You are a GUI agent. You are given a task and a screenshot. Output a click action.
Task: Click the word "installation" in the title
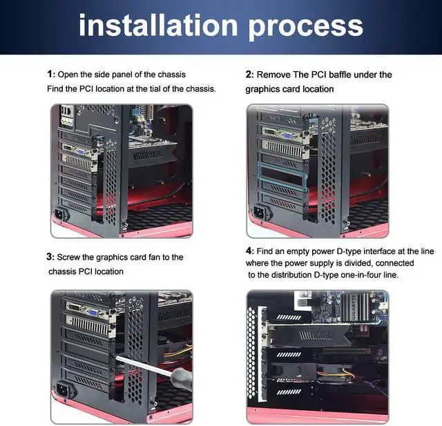click(x=158, y=26)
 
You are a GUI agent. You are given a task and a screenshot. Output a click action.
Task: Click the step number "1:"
click(x=51, y=75)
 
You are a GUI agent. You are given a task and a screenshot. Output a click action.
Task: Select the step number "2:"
click(x=250, y=75)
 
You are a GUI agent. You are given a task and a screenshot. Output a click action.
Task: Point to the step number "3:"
click(x=50, y=257)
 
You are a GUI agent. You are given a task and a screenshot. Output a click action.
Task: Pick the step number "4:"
click(x=250, y=251)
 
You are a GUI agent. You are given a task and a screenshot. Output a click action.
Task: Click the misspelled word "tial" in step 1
click(x=155, y=89)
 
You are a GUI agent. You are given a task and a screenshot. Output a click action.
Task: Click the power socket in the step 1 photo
click(x=61, y=215)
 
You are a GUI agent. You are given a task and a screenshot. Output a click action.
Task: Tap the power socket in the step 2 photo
click(x=261, y=213)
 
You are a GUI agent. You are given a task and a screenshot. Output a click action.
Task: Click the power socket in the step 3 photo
click(x=64, y=389)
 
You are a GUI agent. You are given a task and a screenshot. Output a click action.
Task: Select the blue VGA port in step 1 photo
click(x=80, y=152)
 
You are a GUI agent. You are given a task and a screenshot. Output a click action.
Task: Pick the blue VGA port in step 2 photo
click(x=288, y=136)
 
